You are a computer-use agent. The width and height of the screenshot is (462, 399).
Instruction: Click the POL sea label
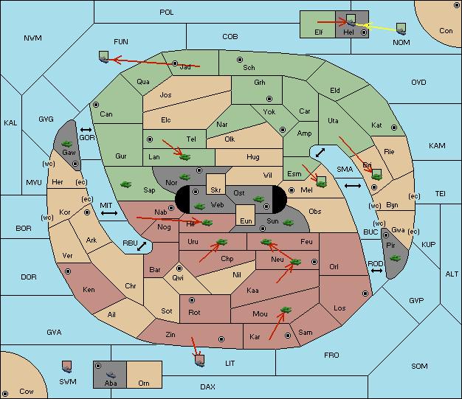coord(167,13)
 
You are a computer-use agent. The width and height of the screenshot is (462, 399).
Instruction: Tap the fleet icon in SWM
coord(67,367)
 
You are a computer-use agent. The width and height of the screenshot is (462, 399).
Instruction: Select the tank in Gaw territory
coord(67,144)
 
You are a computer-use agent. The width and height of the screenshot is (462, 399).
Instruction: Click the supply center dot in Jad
coord(175,63)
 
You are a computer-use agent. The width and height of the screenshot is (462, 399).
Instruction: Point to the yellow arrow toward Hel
coord(376,27)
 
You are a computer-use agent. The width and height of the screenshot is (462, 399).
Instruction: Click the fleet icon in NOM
coord(401,30)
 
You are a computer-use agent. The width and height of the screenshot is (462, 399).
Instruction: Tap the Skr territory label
coord(216,190)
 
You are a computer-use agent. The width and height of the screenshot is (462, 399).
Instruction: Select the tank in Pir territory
coord(395,258)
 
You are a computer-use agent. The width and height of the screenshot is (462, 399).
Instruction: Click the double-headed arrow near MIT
coord(109,213)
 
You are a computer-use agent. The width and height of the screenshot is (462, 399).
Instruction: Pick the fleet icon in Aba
coord(111,375)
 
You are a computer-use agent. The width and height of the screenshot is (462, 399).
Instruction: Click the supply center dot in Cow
coord(5,394)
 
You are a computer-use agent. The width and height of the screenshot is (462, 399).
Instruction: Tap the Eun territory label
coord(246,221)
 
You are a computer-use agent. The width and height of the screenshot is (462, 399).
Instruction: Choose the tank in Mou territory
coord(286,310)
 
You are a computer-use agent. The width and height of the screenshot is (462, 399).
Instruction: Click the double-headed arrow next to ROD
coord(376,271)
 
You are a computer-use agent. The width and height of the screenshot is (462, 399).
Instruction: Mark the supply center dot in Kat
coord(394,128)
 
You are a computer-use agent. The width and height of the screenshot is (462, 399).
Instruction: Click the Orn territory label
coord(144,383)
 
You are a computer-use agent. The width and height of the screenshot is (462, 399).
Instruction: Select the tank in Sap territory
coord(125,184)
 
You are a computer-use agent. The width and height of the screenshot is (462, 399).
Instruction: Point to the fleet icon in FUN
coord(104,57)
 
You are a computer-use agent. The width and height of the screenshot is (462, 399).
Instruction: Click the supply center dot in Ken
coord(68,271)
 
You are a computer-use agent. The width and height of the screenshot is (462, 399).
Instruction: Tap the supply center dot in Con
coord(456,5)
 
